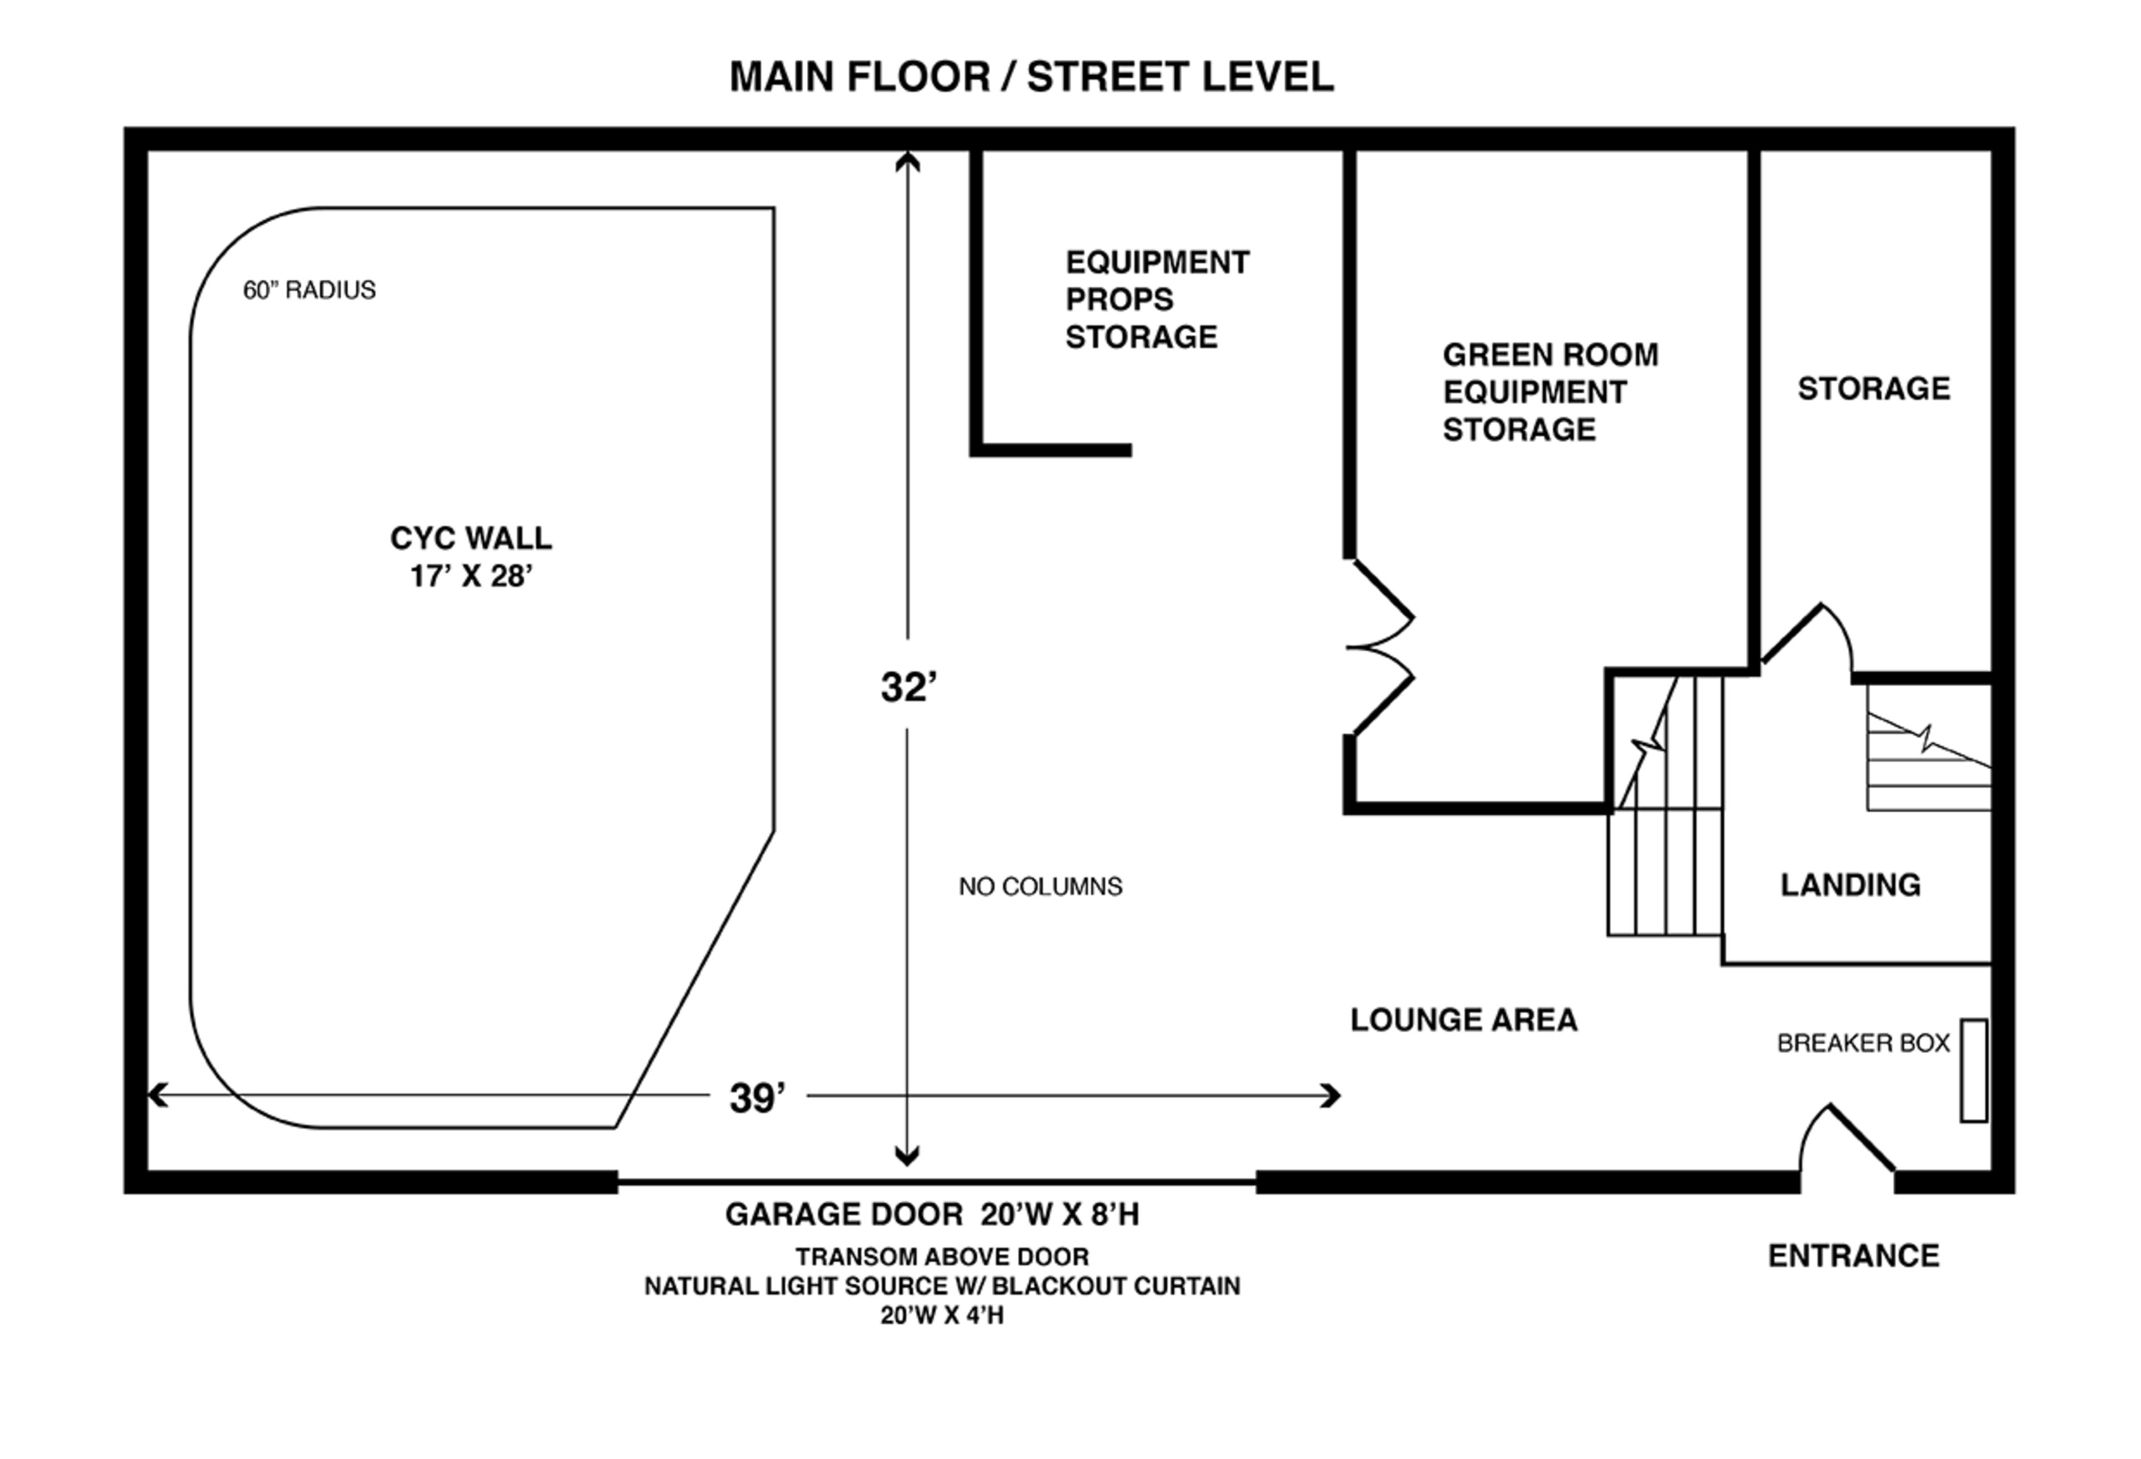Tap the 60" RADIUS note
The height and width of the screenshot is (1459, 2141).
309,290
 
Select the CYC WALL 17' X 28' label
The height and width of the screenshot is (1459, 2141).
471,557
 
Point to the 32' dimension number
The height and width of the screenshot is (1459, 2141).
908,687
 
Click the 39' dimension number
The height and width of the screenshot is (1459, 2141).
757,1097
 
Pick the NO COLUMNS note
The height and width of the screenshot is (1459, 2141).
1040,887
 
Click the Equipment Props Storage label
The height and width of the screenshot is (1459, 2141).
1156,300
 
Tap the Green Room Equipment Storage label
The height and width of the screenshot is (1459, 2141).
1549,392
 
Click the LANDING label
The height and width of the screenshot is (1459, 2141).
1850,885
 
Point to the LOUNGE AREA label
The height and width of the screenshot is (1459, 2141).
1463,1019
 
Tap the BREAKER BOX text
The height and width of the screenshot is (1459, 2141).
1863,1043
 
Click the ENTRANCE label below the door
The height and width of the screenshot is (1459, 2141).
1853,1255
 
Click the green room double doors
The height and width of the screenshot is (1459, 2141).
1379,648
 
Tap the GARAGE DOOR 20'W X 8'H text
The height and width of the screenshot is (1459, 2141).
931,1215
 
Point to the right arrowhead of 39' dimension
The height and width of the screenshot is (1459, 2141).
1332,1096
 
